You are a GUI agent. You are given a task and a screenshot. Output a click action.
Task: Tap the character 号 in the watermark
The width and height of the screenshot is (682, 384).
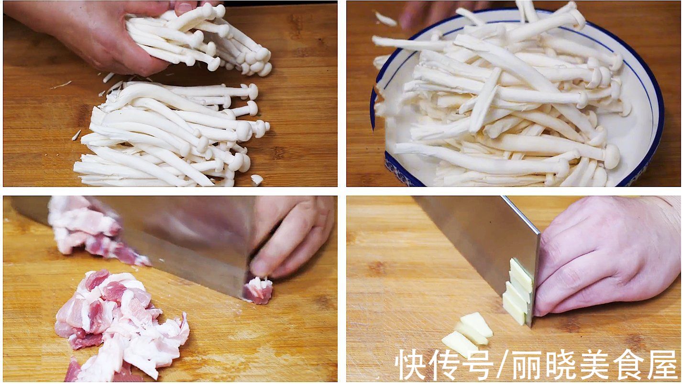[x=476, y=365]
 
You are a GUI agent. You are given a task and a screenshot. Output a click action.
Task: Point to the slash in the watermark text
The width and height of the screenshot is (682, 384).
[x=503, y=365]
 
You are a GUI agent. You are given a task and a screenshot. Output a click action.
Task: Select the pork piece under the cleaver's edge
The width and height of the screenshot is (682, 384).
[x=258, y=290]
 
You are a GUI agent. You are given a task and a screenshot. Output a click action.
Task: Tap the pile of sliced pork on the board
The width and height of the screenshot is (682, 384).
[x=120, y=325]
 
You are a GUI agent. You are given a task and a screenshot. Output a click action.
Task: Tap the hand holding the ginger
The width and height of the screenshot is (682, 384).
[x=607, y=253]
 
